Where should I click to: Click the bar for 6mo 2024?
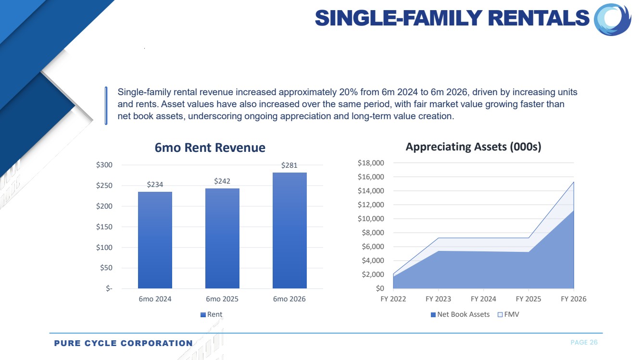(155, 240)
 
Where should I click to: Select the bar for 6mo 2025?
(222, 238)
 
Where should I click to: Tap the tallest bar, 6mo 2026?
(289, 230)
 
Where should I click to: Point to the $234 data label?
(155, 185)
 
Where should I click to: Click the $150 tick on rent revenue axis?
(104, 227)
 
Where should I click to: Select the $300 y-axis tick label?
(104, 165)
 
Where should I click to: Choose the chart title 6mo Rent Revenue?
(210, 148)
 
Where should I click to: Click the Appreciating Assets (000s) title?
(473, 147)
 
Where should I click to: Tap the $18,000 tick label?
(371, 163)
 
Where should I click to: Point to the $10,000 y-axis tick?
(371, 219)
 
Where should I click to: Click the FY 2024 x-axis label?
(483, 299)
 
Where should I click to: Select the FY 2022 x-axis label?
(393, 299)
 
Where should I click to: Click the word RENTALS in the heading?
(539, 18)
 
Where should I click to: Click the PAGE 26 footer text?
(584, 343)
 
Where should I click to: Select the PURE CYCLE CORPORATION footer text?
(123, 343)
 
